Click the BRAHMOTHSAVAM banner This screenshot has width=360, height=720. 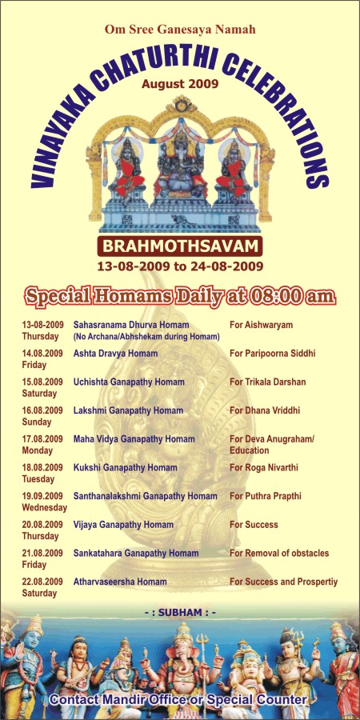click(180, 246)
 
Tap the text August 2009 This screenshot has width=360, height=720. click(180, 84)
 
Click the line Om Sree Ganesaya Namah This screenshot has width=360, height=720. click(180, 30)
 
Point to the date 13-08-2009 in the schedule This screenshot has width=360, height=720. click(42, 325)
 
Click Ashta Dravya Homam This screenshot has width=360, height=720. click(115, 354)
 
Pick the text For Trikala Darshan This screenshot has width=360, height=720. click(268, 382)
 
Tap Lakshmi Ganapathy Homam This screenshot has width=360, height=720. click(128, 411)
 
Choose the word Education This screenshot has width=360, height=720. click(250, 450)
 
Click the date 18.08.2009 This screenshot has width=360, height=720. click(42, 468)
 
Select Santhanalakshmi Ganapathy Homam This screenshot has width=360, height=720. click(145, 496)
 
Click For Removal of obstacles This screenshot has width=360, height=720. click(279, 554)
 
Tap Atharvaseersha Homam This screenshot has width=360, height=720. click(120, 582)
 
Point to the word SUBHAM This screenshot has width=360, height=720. click(180, 613)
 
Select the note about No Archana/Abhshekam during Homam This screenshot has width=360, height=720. click(146, 337)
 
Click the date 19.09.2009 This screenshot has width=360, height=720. click(42, 496)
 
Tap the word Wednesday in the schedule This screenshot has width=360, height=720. click(45, 508)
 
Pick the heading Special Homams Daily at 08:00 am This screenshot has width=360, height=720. click(180, 296)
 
